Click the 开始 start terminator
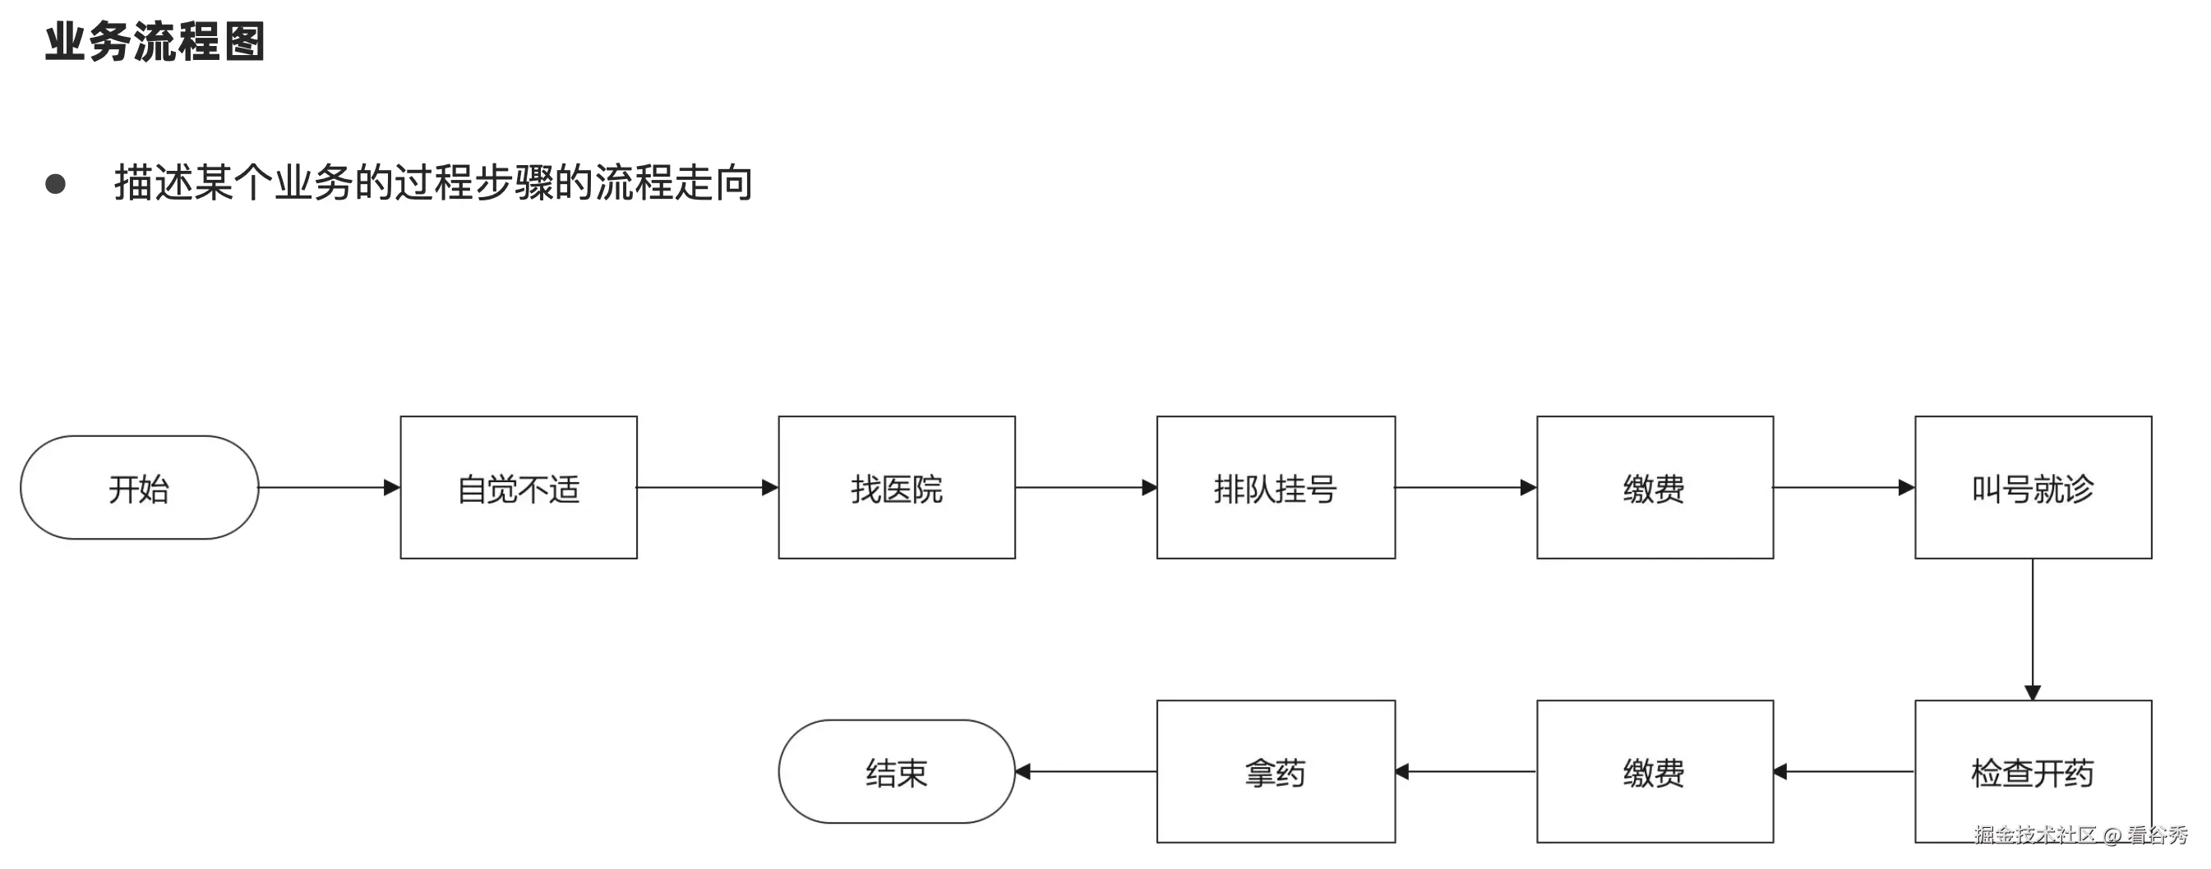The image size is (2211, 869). pyautogui.click(x=139, y=487)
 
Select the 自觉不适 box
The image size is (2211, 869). pyautogui.click(x=519, y=487)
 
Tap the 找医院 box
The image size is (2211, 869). pyautogui.click(x=896, y=487)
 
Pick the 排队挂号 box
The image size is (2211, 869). pyautogui.click(x=1276, y=487)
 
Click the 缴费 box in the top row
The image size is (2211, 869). pyautogui.click(x=1654, y=487)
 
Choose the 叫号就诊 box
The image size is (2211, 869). pyautogui.click(x=2033, y=487)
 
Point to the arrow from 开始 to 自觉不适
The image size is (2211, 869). pyautogui.click(x=329, y=487)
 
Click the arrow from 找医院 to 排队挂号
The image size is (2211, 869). pyautogui.click(x=1086, y=487)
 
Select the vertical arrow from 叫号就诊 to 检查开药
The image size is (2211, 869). pyautogui.click(x=2033, y=629)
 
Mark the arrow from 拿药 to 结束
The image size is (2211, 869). pyautogui.click(x=1086, y=771)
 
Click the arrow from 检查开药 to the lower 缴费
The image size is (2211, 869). pyautogui.click(x=1844, y=771)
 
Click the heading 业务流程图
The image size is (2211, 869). pyautogui.click(x=155, y=41)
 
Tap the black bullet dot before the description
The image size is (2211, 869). pyautogui.click(x=56, y=184)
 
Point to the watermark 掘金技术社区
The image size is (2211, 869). pyautogui.click(x=2034, y=834)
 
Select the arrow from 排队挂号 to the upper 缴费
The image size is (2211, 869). pyautogui.click(x=1466, y=487)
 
